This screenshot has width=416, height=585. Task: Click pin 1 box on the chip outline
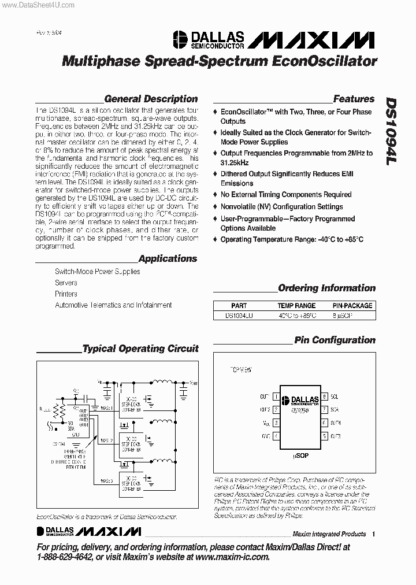[276, 397]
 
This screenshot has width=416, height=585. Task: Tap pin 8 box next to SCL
[325, 397]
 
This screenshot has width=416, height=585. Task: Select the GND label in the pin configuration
[265, 436]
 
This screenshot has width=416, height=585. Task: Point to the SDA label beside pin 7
[335, 410]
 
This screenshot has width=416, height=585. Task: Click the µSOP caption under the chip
[300, 456]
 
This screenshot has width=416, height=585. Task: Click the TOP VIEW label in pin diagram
[241, 369]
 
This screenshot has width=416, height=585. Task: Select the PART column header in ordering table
[239, 306]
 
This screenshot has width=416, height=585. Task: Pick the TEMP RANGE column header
[296, 306]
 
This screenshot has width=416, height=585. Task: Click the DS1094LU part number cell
[239, 316]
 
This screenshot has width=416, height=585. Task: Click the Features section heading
[354, 99]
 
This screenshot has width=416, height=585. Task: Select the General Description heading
[151, 99]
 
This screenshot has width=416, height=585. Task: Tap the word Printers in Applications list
[66, 294]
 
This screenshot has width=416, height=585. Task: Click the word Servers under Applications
[66, 283]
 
